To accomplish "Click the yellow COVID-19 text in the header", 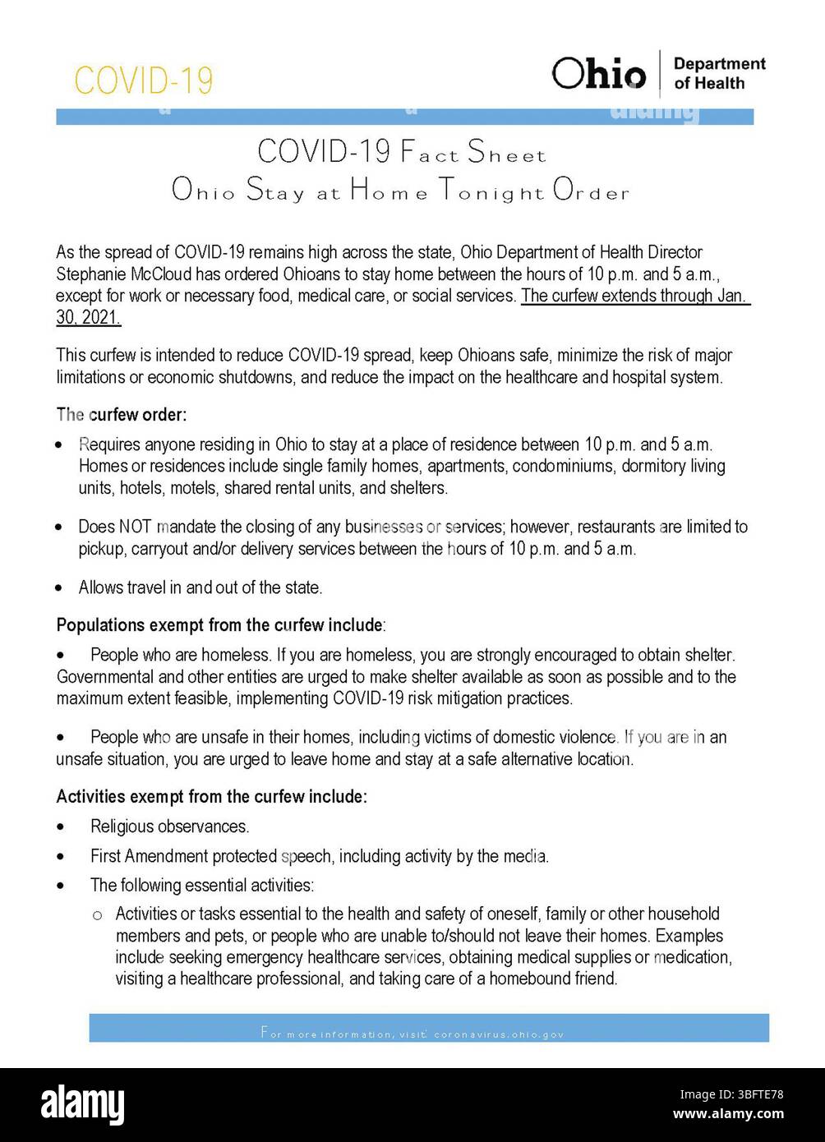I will (143, 81).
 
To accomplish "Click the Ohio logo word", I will (599, 75).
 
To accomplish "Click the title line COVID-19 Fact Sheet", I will (401, 152).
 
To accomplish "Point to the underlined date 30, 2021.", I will (88, 317).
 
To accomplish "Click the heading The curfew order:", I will (122, 414).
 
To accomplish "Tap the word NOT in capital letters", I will (135, 527).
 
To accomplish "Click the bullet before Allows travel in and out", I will (59, 588).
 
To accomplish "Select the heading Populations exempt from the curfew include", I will (219, 625).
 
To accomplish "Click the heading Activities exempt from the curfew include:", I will (211, 796).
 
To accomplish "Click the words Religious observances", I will (169, 827).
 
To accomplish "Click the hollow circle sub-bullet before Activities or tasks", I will (97, 915).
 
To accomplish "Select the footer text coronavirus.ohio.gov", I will (498, 1034).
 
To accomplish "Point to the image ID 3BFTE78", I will (752, 1094).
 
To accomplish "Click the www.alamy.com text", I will (727, 1114).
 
